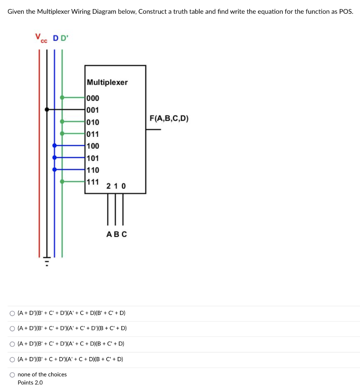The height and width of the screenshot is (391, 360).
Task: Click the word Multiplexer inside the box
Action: tap(107, 82)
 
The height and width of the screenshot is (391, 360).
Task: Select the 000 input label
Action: tap(93, 98)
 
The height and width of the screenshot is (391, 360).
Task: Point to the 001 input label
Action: tap(93, 110)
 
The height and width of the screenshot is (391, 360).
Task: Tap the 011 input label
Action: tap(93, 134)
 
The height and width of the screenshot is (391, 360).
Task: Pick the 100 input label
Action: tap(93, 146)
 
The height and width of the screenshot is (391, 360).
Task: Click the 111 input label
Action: tap(93, 182)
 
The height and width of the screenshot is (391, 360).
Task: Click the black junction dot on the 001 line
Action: tap(47, 109)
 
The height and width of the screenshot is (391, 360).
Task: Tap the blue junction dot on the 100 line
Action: tap(55, 145)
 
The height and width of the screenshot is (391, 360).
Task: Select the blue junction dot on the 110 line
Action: tap(55, 169)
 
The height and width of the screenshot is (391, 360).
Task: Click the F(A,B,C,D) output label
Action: tap(169, 118)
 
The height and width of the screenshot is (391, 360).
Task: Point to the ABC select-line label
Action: tap(116, 234)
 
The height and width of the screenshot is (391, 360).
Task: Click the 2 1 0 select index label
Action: tap(116, 186)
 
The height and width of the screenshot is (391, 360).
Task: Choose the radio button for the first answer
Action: tap(13, 313)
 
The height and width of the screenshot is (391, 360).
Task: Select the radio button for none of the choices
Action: tap(13, 375)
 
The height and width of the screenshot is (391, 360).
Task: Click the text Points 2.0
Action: tap(30, 383)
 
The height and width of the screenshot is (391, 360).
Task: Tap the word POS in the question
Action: tap(345, 11)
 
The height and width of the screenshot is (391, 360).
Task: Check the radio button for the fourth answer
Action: tap(13, 360)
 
